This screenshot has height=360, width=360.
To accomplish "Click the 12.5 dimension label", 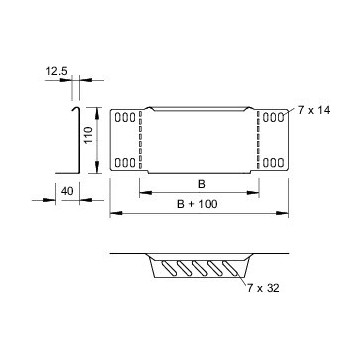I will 55,70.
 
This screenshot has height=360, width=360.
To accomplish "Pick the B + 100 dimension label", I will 197,205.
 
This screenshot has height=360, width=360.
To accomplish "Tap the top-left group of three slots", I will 124,117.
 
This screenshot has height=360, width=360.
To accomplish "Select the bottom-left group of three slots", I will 124,162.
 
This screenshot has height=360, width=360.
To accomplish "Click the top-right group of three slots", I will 273,117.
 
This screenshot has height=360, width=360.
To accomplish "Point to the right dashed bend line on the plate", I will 257,139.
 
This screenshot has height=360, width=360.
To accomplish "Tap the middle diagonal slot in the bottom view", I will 196,270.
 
